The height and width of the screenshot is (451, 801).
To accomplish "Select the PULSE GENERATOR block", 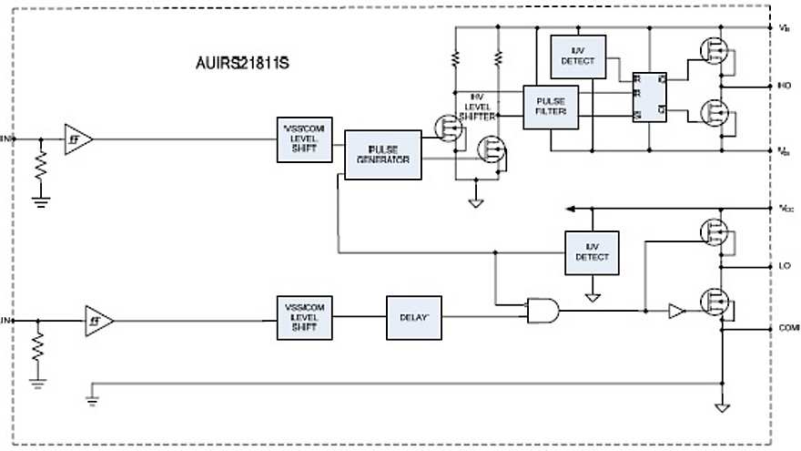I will pyautogui.click(x=382, y=154).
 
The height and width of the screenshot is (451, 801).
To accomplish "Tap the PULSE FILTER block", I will pyautogui.click(x=551, y=106).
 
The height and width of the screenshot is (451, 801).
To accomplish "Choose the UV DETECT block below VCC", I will pyautogui.click(x=592, y=251).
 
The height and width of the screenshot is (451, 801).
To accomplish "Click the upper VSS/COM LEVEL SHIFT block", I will pyautogui.click(x=304, y=139).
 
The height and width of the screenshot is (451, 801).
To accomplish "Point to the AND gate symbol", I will pyautogui.click(x=542, y=312).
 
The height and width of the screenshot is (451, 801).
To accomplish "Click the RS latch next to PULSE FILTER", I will pyautogui.click(x=649, y=97).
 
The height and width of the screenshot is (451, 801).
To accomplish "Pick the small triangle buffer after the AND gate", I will pyautogui.click(x=675, y=312).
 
